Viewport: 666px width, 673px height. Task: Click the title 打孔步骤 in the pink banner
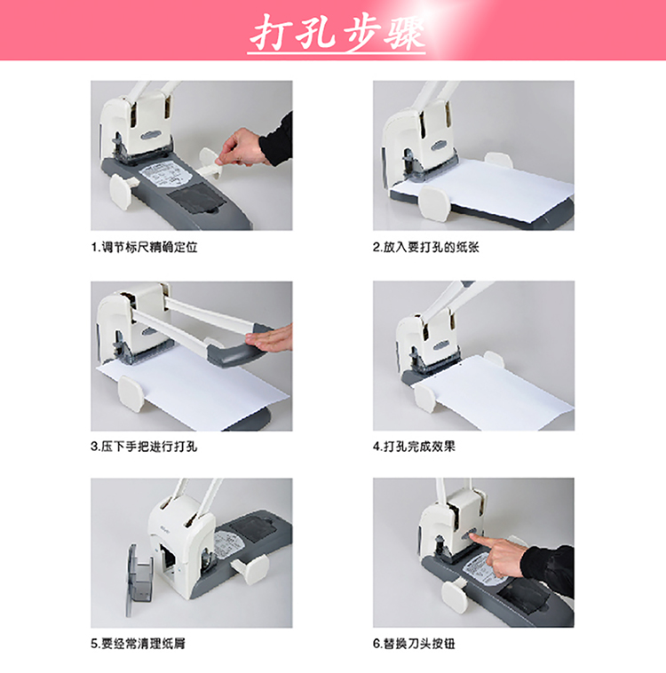[337, 32]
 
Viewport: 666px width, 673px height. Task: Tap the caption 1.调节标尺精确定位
[144, 247]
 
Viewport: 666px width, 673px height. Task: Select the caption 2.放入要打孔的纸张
[426, 247]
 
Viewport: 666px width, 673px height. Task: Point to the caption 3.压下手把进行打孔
[144, 447]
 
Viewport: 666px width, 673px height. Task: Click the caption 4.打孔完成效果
[414, 447]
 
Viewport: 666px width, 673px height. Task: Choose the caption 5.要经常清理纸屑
[138, 644]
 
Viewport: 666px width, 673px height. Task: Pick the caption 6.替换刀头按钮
[414, 644]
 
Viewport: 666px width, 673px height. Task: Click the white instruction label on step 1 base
[165, 175]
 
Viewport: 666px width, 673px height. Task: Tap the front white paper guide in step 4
[426, 399]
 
